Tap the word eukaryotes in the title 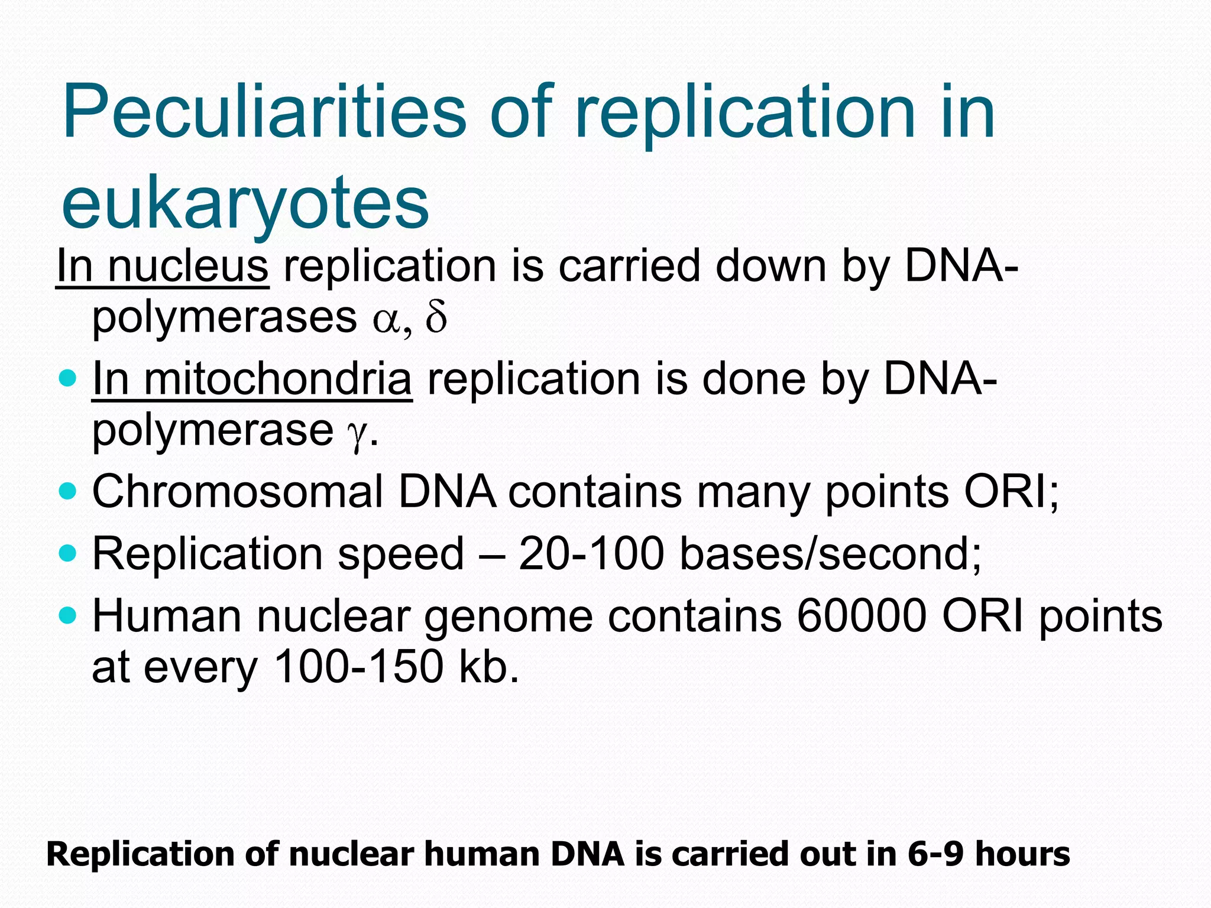click(x=245, y=204)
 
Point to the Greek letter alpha click(x=386, y=321)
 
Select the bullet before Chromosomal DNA click(x=69, y=491)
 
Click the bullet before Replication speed click(x=69, y=553)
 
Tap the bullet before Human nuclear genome click(x=69, y=615)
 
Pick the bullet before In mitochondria click(x=69, y=378)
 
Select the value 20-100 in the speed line click(x=591, y=554)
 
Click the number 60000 click(x=862, y=617)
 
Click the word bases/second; click(x=831, y=554)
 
